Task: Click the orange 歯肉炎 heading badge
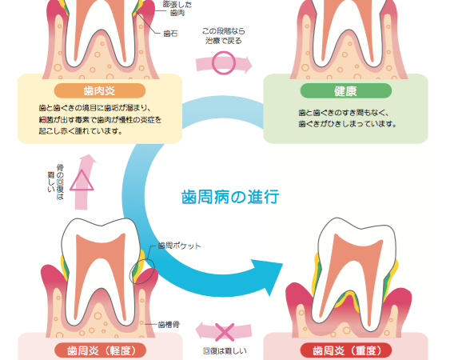tap(100, 90)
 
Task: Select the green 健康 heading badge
tap(346, 90)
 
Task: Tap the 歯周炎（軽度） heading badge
tap(101, 350)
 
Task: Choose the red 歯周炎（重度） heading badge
tap(346, 350)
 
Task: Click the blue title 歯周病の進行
tap(230, 197)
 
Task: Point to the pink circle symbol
tap(224, 63)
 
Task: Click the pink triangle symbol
tap(82, 181)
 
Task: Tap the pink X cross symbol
tap(225, 333)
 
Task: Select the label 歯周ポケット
tap(179, 246)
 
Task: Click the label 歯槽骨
tap(169, 324)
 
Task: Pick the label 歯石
tap(170, 34)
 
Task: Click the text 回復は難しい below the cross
tap(225, 351)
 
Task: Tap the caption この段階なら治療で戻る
tap(224, 36)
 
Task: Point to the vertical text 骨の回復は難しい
tap(56, 182)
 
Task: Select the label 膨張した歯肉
tap(177, 8)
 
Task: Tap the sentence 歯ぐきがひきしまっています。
tap(348, 124)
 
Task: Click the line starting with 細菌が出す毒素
tap(100, 119)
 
